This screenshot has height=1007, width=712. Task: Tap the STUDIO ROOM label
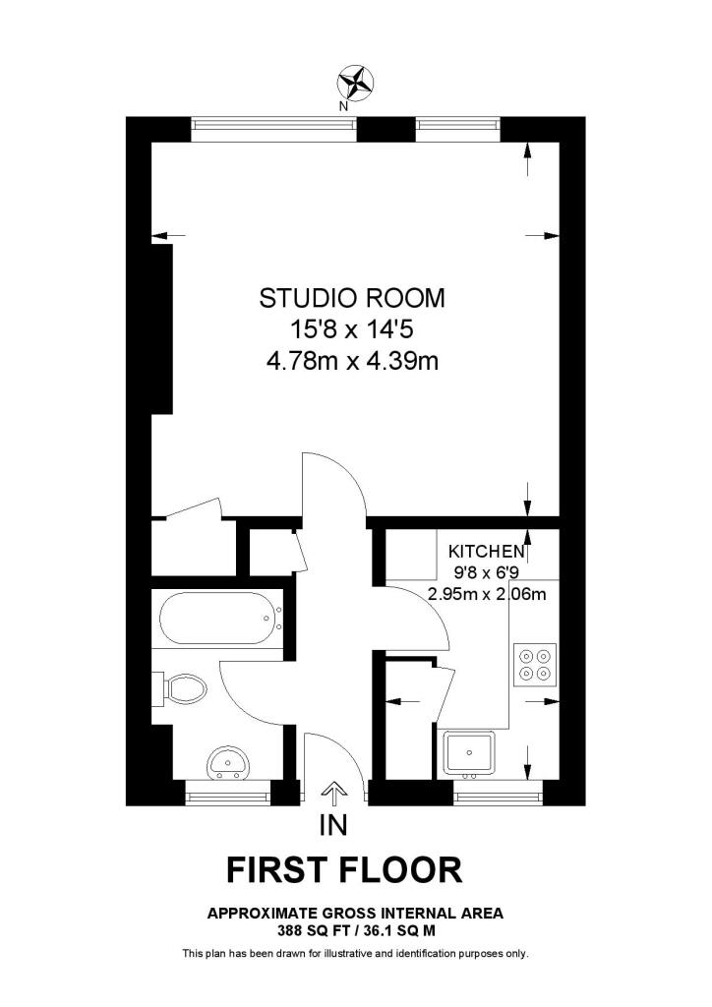point(352,297)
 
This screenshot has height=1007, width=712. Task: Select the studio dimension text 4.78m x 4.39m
point(352,362)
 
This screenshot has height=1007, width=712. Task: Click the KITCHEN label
point(487,551)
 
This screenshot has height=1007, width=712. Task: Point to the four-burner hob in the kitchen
point(535,663)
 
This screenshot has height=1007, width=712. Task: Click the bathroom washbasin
point(229,762)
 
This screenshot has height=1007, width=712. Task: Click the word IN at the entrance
point(334,826)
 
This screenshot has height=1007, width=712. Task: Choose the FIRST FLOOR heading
point(344,869)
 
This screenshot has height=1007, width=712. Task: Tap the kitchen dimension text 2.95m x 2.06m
point(487,593)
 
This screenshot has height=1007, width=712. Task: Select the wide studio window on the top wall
point(273,124)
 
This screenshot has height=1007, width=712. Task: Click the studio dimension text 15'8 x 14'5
point(352,329)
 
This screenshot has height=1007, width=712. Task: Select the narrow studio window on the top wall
point(458,124)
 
